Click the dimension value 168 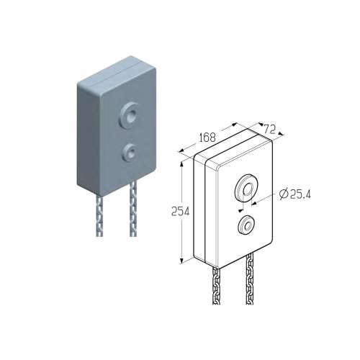coord(207,137)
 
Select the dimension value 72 coord(269,130)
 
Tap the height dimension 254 coord(180,212)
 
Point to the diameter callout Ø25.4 coord(295,194)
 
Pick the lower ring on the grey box coord(130,153)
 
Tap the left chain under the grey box coord(99,215)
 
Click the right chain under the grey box coord(133,208)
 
